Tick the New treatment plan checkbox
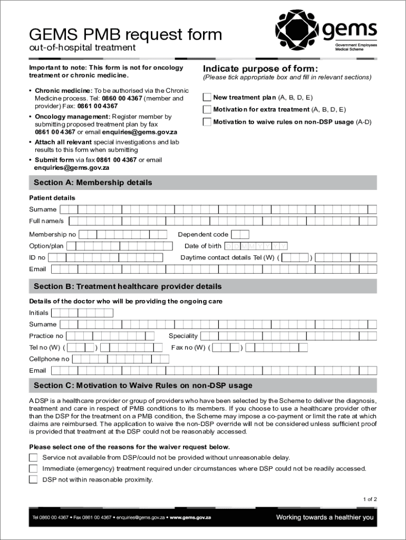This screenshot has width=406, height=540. tap(207, 97)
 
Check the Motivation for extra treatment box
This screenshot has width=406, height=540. tap(207, 110)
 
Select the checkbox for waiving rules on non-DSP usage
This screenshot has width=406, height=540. tap(207, 122)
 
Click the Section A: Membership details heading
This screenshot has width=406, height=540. tap(93, 182)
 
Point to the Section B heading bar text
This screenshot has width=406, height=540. tap(128, 286)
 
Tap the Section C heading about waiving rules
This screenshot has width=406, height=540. tap(143, 385)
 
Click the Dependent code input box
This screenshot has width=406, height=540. tap(240, 234)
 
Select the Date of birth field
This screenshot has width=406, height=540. tap(256, 246)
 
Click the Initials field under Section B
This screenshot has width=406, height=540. tap(82, 313)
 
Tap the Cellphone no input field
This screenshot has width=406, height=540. tap(120, 359)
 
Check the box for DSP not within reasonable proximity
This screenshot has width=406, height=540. tap(33, 479)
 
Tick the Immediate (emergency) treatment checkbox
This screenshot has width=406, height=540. tap(33, 468)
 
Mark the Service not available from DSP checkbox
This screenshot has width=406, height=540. tap(33, 457)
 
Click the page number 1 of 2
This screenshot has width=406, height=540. tap(370, 499)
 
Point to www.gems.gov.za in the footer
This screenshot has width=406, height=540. tap(190, 517)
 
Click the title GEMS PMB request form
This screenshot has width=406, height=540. tap(125, 35)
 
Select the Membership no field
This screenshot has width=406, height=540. tap(123, 234)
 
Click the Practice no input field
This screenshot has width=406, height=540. tap(110, 336)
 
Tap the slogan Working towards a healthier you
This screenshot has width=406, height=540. tap(324, 517)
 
